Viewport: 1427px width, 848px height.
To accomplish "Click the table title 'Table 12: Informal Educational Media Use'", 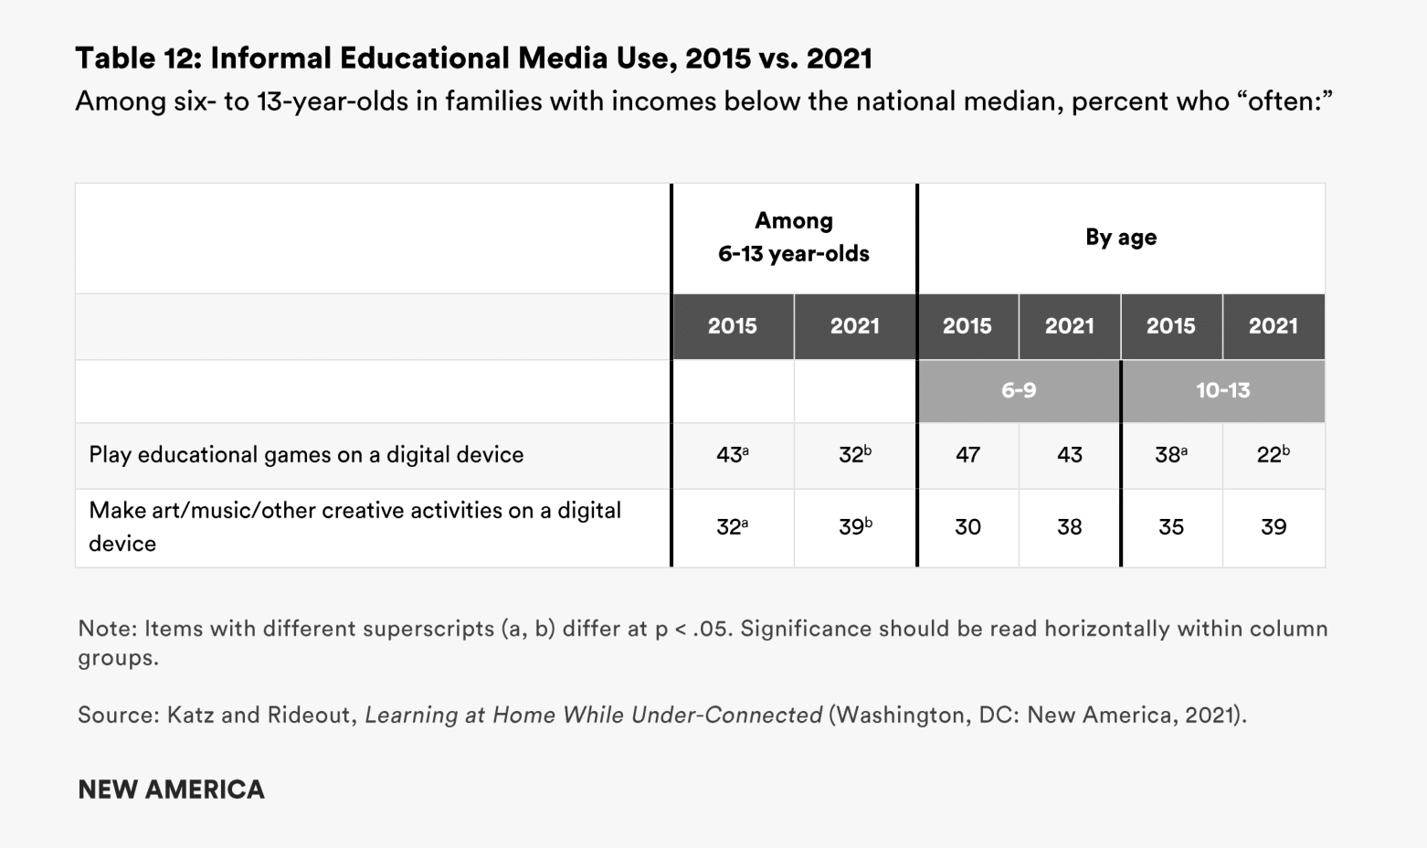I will tap(473, 58).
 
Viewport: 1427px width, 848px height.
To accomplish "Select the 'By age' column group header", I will tap(1121, 238).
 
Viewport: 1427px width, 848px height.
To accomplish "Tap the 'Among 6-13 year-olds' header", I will tap(793, 238).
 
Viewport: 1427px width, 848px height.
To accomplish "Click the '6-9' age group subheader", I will tap(1019, 391).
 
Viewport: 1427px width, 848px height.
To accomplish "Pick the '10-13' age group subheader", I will tap(1222, 391).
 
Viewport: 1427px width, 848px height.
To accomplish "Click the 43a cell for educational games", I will tap(732, 455).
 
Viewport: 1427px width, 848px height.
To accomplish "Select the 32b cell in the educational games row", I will tap(854, 455).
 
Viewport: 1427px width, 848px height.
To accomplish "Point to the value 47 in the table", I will tap(967, 455).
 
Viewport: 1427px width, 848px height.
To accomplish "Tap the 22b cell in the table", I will tap(1273, 455).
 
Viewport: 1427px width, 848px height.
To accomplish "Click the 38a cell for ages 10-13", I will tap(1170, 455).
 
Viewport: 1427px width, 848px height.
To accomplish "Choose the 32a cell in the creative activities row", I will tap(732, 527).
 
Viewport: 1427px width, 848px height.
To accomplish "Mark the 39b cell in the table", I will tap(854, 527).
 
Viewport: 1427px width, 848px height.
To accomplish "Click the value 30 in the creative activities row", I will tap(967, 527).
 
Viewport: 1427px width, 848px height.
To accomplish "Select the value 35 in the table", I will tap(1170, 527).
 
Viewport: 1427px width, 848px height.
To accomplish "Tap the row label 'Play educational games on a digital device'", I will tap(306, 455).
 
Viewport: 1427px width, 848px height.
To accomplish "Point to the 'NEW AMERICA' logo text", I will tap(171, 790).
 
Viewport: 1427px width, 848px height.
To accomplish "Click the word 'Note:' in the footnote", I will tap(107, 629).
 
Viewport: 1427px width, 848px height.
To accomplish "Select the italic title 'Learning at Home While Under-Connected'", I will tap(593, 715).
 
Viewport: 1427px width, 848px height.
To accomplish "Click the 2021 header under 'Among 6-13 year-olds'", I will tap(854, 326).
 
